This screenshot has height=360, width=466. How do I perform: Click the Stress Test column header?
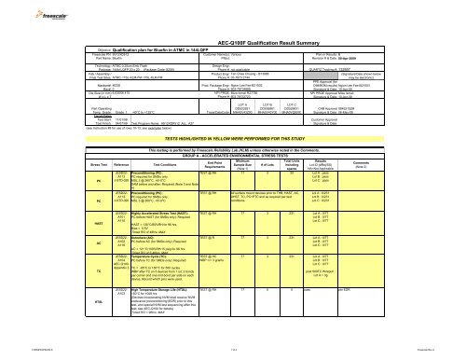[43, 169]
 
